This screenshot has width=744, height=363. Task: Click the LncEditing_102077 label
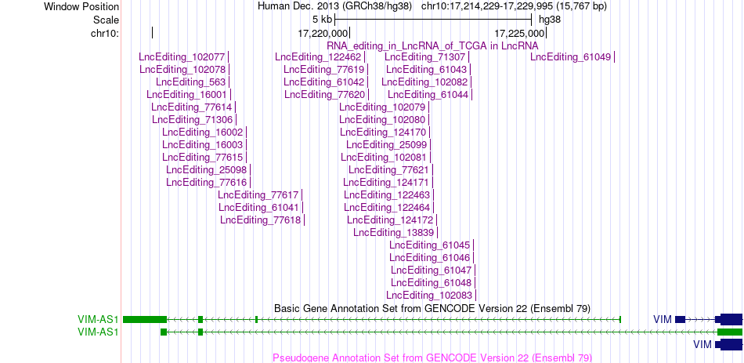tap(182, 57)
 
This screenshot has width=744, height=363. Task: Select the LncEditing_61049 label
tap(571, 57)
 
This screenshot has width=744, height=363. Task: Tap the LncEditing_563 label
tap(191, 82)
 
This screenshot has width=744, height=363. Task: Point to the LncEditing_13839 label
tap(394, 232)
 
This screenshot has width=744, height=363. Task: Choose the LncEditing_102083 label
tap(430, 295)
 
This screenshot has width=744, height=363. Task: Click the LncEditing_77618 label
tap(261, 220)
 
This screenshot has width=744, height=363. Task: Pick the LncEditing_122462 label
tap(318, 57)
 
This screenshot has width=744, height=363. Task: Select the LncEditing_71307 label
tap(425, 57)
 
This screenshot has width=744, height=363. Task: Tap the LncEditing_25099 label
tap(387, 144)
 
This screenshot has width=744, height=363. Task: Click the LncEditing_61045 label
tap(430, 245)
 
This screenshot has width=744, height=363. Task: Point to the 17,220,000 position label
tap(323, 33)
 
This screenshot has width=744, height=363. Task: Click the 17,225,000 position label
tap(519, 33)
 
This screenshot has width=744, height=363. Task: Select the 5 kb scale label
tap(322, 20)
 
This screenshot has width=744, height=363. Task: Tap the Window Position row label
tap(81, 6)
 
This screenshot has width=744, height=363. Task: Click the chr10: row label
tap(105, 33)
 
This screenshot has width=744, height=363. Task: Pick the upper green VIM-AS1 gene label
tap(98, 319)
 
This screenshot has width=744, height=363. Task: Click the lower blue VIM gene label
tap(702, 344)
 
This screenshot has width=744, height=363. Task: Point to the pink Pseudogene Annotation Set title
tap(432, 358)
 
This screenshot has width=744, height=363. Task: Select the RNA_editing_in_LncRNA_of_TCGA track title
tap(432, 45)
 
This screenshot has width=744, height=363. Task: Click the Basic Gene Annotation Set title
tap(432, 308)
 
